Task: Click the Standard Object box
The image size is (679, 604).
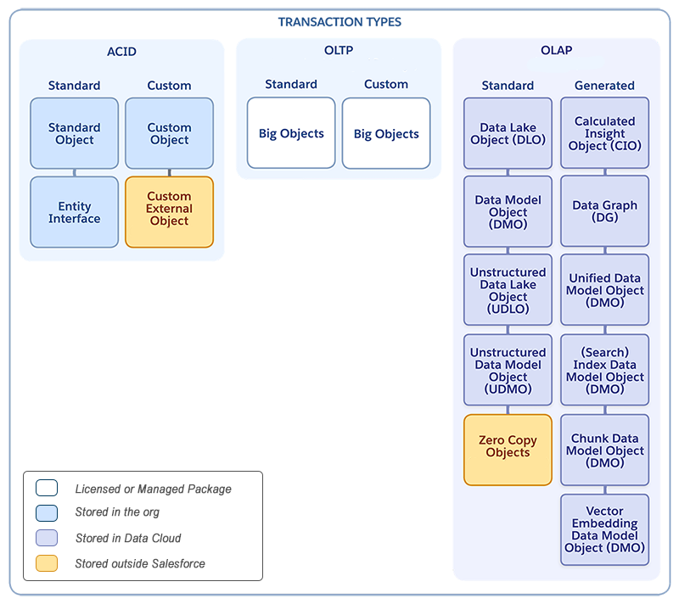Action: point(75,133)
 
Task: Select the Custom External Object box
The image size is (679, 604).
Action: point(169,211)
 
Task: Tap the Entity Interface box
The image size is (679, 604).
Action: point(75,212)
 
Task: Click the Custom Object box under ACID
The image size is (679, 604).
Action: point(169,133)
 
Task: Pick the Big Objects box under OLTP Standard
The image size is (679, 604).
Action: point(291,133)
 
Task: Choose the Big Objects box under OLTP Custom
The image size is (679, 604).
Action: point(386,133)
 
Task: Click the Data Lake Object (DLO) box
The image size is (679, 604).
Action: point(508,133)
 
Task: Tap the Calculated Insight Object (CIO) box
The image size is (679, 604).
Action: point(604,133)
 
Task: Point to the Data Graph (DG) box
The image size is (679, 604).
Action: point(604,211)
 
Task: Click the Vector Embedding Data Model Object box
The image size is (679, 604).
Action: point(604,529)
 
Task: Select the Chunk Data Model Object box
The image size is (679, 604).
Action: point(604,450)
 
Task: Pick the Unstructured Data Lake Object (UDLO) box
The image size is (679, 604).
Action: point(508,290)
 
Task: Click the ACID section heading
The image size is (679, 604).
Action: point(121,51)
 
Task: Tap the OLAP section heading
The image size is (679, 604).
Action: point(556,51)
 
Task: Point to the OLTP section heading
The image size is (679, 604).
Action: point(339,51)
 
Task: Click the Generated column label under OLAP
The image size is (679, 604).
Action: point(604,86)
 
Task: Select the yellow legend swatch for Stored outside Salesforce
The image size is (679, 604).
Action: point(47,563)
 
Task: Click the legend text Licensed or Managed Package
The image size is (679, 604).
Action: point(153,489)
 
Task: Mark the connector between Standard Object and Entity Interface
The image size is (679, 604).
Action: point(75,172)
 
